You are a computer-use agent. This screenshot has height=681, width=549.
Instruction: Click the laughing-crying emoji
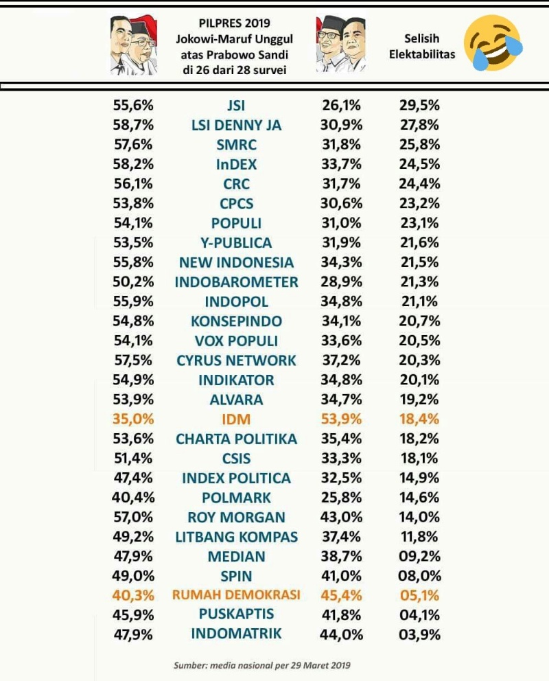[493, 45]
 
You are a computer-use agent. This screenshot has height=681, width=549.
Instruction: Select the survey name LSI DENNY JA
[236, 126]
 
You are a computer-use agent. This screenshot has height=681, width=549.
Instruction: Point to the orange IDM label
[236, 419]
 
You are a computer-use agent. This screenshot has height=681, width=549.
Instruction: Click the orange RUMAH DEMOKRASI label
[236, 595]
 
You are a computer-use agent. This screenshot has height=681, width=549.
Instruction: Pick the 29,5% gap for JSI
[419, 106]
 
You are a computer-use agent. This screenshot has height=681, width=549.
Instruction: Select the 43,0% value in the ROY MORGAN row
[341, 517]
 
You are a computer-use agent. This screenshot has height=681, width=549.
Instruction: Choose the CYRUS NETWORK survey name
[236, 360]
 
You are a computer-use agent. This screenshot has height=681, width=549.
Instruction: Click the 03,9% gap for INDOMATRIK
[419, 634]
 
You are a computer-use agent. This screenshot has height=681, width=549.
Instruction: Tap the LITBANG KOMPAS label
[236, 537]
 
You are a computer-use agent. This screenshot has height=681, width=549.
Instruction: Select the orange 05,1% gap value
[419, 595]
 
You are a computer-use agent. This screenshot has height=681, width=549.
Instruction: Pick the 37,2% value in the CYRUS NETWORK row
[341, 360]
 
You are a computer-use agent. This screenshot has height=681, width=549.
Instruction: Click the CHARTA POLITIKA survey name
[236, 439]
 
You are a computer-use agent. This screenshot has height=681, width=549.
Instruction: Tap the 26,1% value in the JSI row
[341, 106]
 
